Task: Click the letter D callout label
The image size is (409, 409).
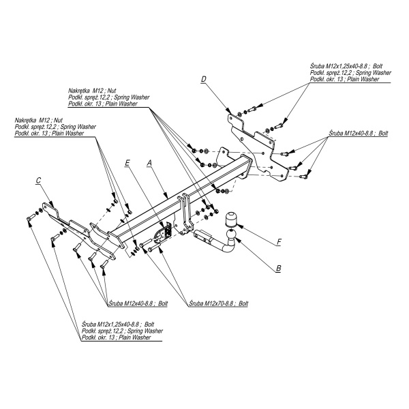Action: coord(204,79)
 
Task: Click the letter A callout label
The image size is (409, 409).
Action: coord(149,163)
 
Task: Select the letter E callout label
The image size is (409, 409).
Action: coord(127,163)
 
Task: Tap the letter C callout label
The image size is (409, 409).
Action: coord(38,180)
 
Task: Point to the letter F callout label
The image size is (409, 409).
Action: coord(279,242)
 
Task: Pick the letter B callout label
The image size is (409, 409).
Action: coord(279,268)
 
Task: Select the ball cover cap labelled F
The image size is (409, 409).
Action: coord(231,219)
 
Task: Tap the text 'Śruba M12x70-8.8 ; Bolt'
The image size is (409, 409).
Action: coord(219,303)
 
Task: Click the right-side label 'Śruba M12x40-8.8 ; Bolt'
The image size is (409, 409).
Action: coord(358,133)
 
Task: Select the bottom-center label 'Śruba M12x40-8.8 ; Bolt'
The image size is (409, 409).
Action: coord(138,303)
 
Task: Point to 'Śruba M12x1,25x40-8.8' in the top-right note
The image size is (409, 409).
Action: coord(339,66)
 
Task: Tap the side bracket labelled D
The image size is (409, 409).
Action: coord(257,147)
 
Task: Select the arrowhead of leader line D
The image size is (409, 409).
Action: coord(228,111)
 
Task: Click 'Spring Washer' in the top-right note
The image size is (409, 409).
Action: coord(374,72)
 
